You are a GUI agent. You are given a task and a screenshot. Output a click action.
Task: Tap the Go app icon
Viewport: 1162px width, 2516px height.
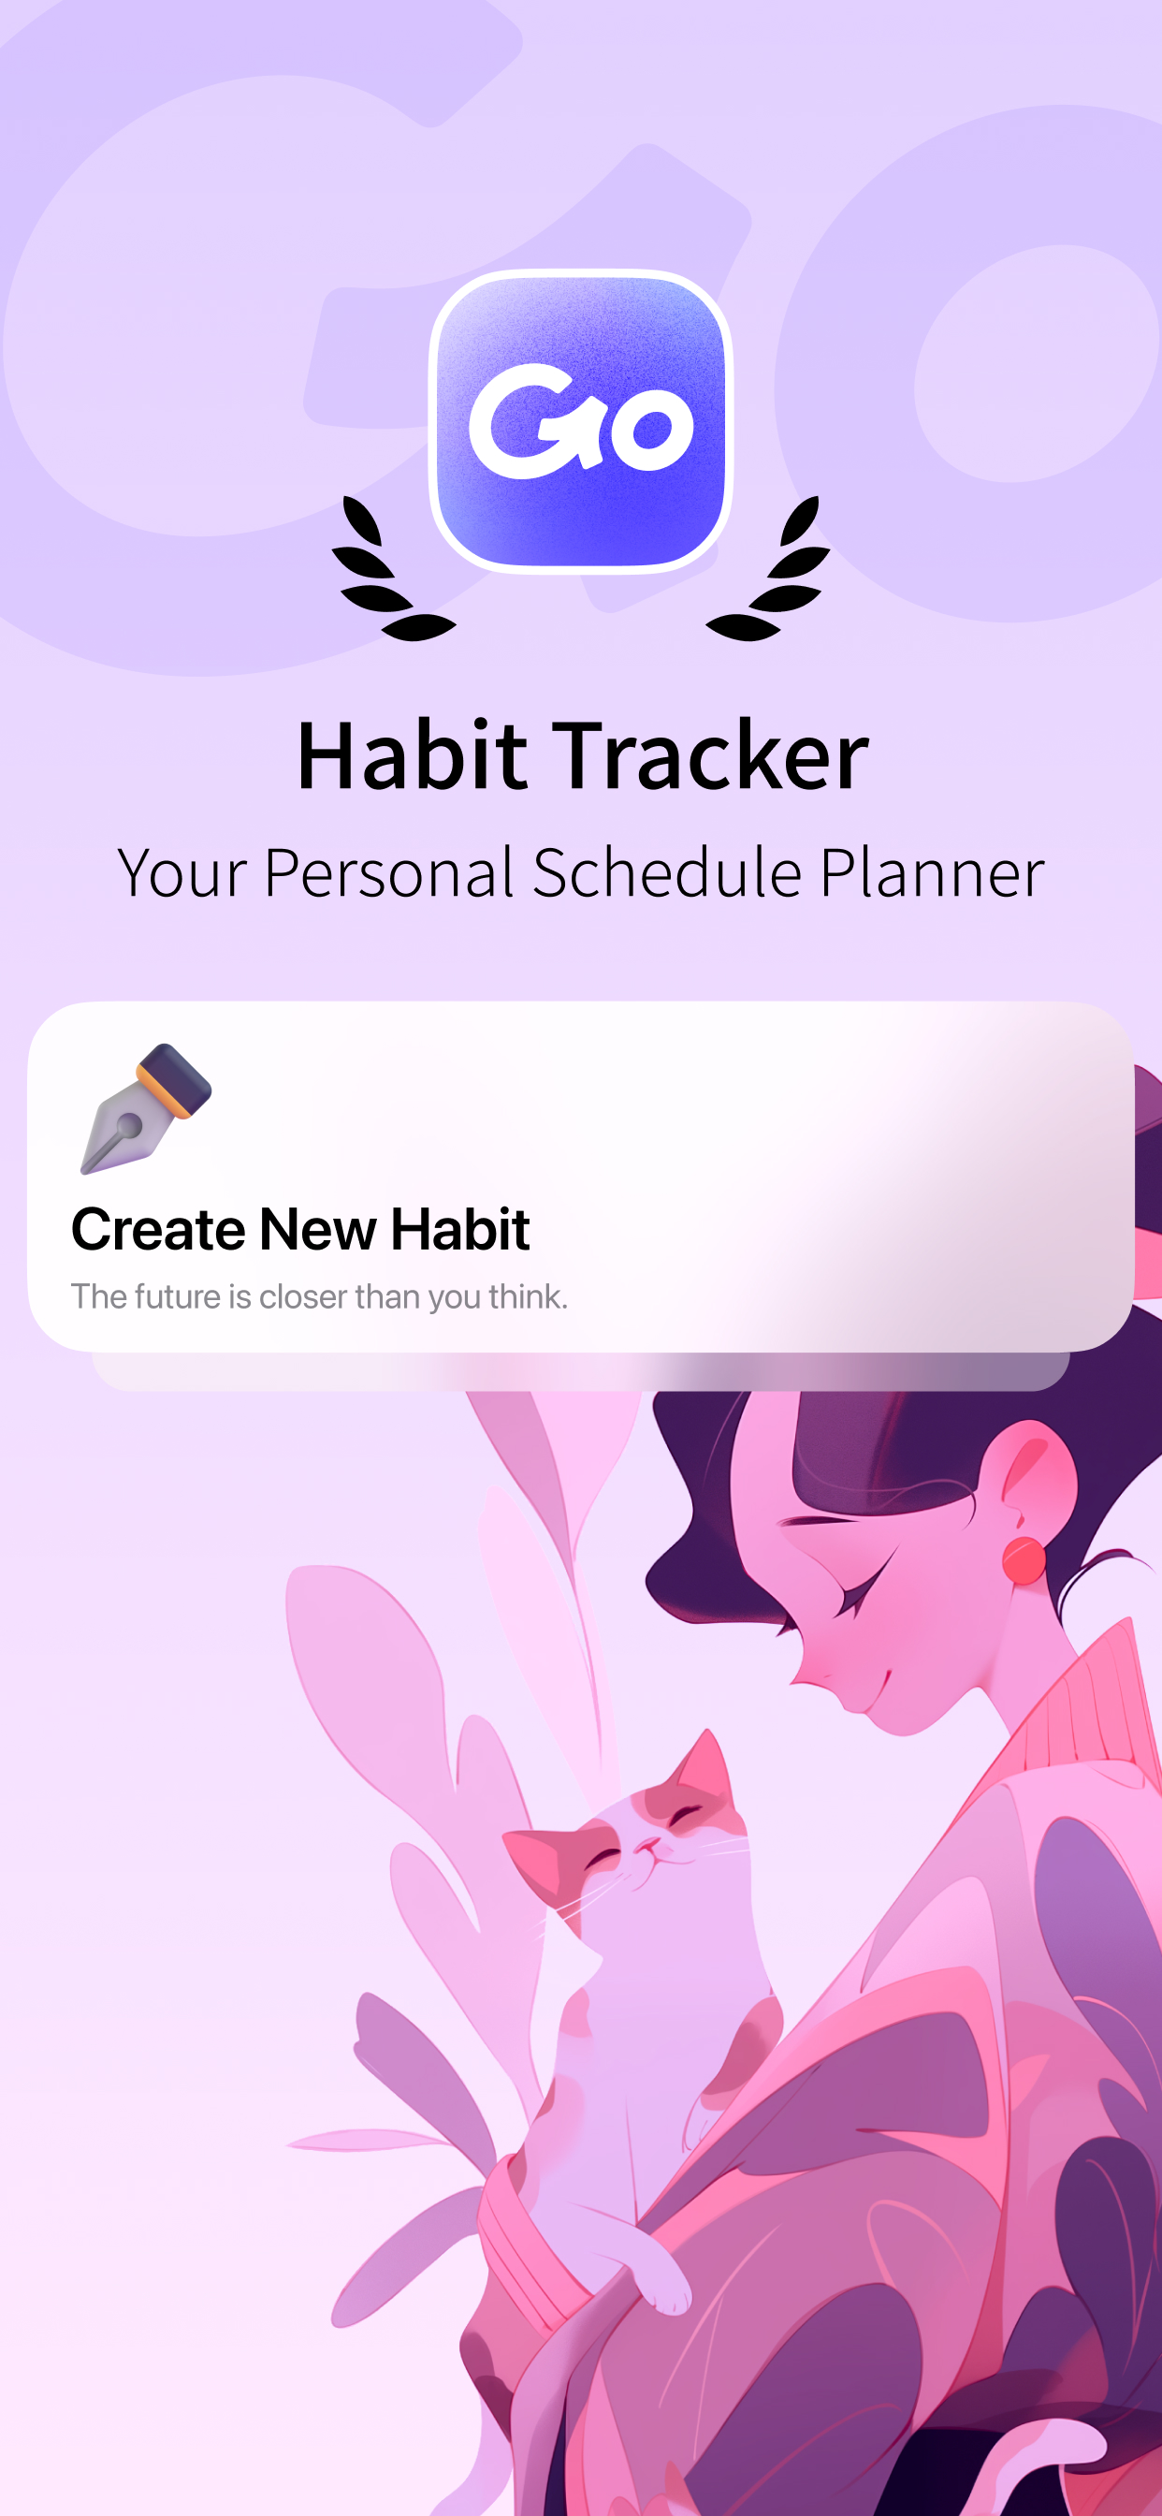581,421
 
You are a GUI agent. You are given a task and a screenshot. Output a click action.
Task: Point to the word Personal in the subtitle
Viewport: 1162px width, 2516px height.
388,872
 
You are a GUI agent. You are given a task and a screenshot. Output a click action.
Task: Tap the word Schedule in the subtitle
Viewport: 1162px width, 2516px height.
667,872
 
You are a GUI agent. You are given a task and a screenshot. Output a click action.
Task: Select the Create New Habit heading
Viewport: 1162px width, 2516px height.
300,1229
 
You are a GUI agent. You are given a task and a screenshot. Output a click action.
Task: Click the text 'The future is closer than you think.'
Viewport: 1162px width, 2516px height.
319,1297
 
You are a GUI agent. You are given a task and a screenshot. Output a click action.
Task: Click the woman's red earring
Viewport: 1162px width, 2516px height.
1024,1559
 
